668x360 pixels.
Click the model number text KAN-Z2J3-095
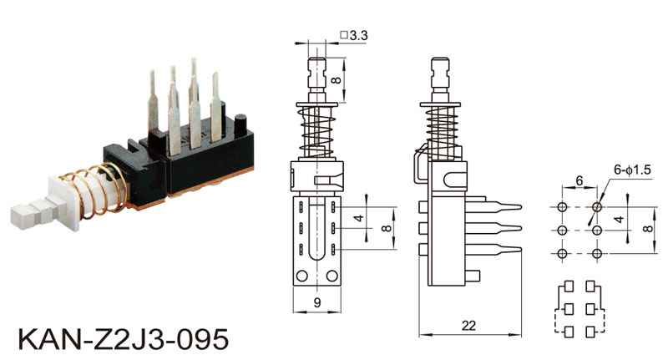(x=124, y=339)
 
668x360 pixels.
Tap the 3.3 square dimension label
(x=354, y=35)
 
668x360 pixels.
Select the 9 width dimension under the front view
(x=317, y=302)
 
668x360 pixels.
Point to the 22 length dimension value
(x=468, y=326)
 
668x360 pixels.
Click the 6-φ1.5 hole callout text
(x=632, y=170)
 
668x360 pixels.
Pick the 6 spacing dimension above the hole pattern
(x=579, y=180)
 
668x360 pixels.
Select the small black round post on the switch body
(x=240, y=124)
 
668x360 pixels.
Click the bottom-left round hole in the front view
(x=302, y=276)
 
